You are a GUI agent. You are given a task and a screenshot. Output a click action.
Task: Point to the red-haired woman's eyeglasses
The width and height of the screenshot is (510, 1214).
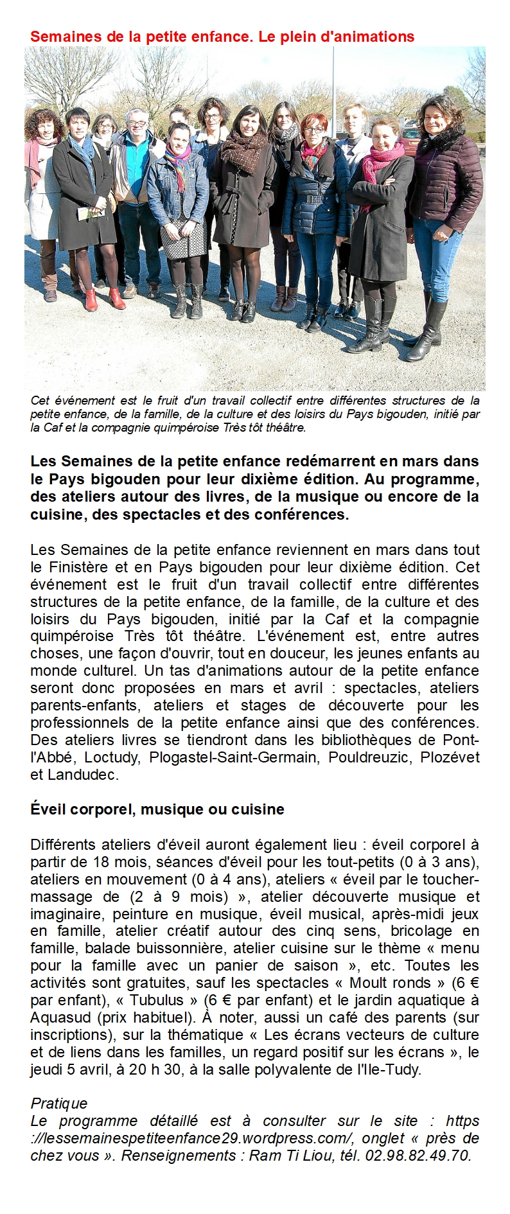(313, 130)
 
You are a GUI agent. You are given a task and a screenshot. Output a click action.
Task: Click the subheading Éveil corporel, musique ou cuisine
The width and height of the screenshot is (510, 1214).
(157, 809)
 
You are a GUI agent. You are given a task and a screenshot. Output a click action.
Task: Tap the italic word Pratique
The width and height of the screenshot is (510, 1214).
(59, 1104)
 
